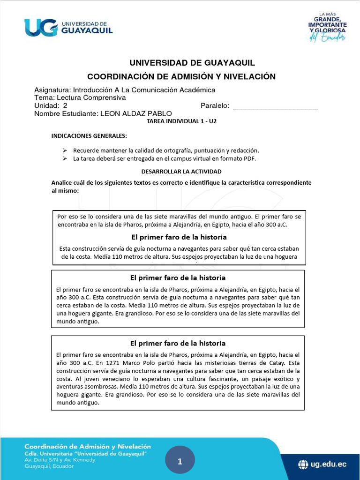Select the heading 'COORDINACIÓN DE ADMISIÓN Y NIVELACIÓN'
[182, 76]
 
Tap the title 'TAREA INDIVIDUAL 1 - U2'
[181, 121]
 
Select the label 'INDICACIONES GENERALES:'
[89, 136]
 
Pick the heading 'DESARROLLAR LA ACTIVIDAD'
[181, 172]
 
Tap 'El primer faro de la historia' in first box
[179, 237]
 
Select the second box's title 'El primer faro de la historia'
[178, 277]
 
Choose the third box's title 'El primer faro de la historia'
[178, 343]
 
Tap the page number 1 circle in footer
[180, 462]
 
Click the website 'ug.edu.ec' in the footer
[329, 465]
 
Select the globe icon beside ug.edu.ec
[304, 465]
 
